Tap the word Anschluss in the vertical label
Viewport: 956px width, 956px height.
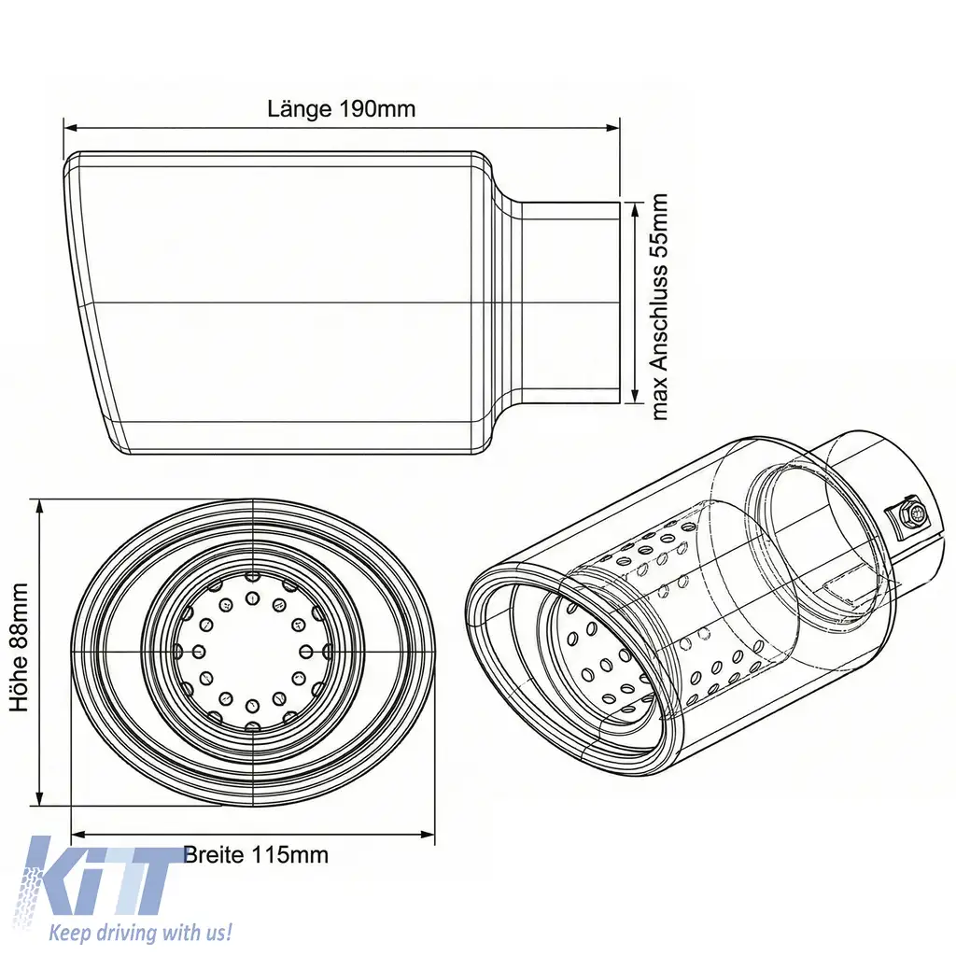[660, 314]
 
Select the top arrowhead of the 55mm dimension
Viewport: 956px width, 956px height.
[635, 208]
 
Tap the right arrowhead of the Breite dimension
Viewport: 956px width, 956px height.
[429, 834]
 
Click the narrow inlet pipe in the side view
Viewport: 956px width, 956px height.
[569, 302]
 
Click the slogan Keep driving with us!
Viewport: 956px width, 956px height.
[140, 932]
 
